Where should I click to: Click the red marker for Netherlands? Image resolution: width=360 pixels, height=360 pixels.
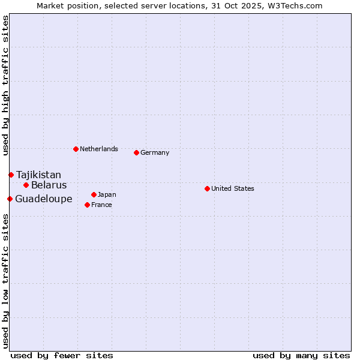click(76, 149)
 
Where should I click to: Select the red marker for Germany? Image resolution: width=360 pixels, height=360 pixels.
click(136, 152)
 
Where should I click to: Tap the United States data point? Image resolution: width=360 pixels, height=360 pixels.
click(207, 188)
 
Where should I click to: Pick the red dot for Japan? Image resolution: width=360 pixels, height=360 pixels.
click(94, 194)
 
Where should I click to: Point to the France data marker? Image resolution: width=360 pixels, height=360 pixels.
click(87, 205)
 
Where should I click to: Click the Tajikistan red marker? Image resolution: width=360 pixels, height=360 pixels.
click(11, 175)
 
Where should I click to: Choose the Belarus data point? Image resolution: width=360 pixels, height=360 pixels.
click(26, 185)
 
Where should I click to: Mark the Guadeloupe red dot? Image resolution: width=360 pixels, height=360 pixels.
click(10, 199)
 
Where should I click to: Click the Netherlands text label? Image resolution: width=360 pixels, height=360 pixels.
click(99, 149)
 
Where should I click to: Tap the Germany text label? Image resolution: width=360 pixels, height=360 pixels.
click(155, 152)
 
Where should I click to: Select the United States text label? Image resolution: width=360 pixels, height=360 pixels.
click(233, 188)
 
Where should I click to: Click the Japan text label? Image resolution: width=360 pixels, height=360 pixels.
click(107, 194)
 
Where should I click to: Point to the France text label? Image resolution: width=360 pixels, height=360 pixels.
click(101, 205)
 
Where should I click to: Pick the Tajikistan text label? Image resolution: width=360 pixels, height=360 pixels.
click(38, 175)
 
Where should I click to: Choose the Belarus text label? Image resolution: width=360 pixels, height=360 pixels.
click(49, 185)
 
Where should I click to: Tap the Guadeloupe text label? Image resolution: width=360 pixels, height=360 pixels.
click(43, 199)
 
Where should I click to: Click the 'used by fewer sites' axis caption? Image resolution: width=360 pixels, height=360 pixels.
click(62, 355)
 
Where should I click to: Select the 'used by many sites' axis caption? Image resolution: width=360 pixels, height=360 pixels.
click(301, 355)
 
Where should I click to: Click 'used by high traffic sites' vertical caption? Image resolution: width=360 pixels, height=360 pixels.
click(5, 85)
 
